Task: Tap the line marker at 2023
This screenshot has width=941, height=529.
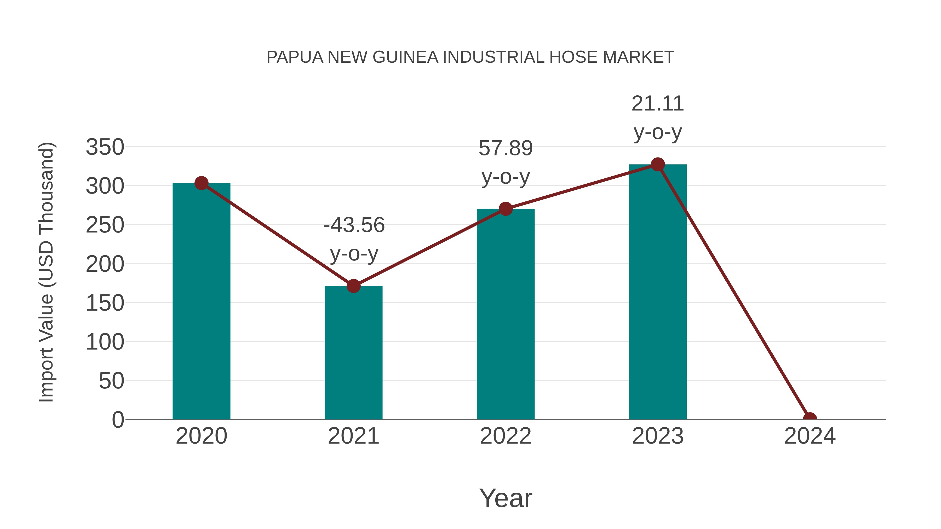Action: (658, 165)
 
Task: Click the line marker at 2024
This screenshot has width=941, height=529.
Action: (810, 418)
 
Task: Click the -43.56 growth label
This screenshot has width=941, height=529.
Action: (354, 225)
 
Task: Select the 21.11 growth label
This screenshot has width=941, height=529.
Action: (658, 104)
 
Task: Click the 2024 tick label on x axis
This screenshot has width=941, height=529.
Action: (810, 436)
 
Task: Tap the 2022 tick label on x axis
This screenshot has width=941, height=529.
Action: (506, 436)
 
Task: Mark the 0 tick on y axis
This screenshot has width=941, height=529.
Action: (118, 420)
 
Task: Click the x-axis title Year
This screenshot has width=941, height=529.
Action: (506, 498)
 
